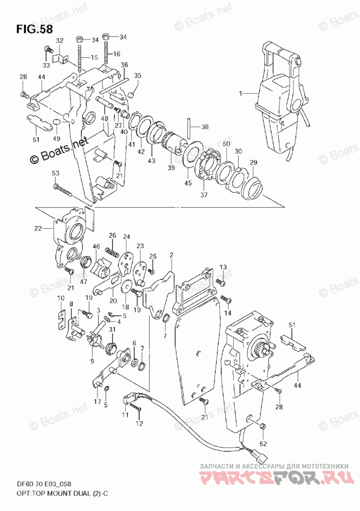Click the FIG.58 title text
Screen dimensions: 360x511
[x=34, y=29]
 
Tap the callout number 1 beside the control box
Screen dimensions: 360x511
[x=241, y=94]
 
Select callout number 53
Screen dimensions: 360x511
[x=55, y=173]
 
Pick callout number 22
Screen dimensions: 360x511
[x=38, y=229]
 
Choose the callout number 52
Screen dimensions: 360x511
[x=263, y=444]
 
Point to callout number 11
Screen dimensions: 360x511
[x=126, y=415]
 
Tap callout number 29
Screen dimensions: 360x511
[x=253, y=162]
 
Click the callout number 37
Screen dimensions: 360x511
[x=204, y=195]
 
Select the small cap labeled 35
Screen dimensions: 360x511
[x=130, y=95]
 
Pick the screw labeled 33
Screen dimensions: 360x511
[x=48, y=51]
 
